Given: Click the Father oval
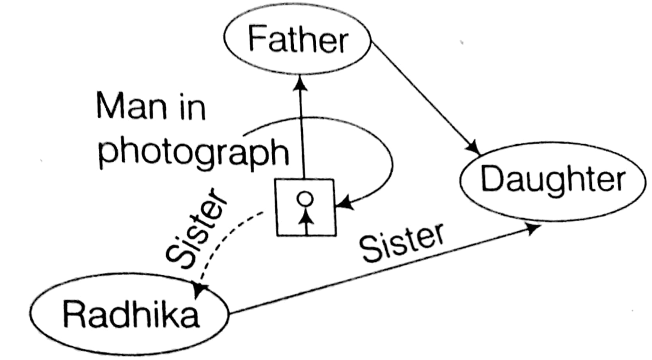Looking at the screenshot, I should coord(298,40).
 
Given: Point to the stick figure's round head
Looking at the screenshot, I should coord(306,197).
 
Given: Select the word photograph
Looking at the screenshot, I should coord(192,151).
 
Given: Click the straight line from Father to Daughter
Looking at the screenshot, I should coord(424,96).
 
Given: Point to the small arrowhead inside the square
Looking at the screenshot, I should coord(307,214).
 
